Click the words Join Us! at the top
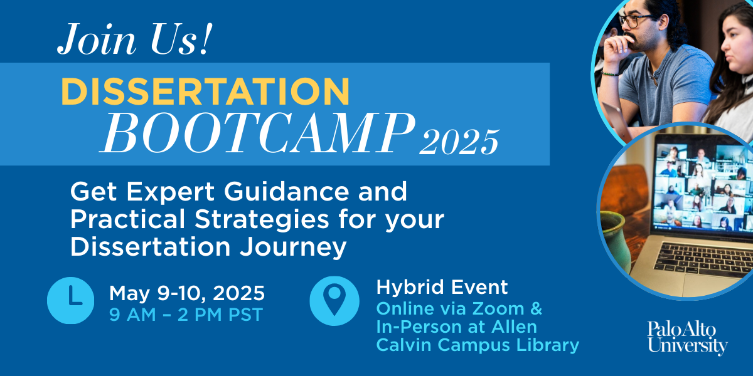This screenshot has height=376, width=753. click(x=135, y=39)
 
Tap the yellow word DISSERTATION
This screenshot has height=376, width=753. click(x=205, y=91)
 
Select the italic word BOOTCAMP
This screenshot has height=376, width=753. click(x=257, y=133)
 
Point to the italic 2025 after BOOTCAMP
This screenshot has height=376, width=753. click(x=459, y=142)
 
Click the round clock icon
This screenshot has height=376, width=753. click(x=70, y=300)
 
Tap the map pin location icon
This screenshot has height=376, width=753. click(x=334, y=301)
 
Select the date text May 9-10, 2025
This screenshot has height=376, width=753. click(x=187, y=293)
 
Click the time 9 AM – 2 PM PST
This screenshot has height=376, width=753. click(x=186, y=315)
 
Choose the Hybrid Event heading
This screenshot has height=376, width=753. click(x=442, y=288)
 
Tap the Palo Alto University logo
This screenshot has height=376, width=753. click(x=688, y=338)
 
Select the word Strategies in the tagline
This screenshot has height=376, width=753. click(x=262, y=220)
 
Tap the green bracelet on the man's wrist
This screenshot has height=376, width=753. click(x=610, y=73)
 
